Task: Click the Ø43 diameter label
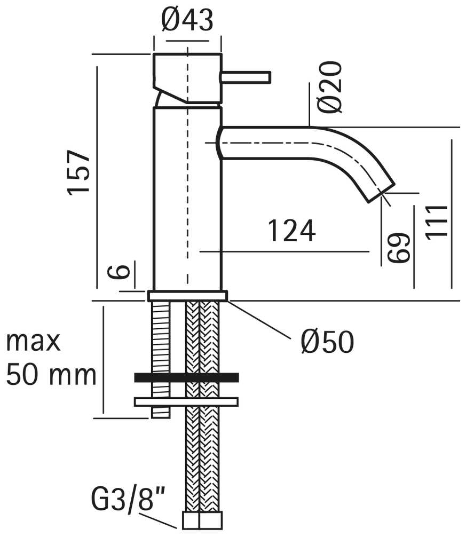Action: click(187, 20)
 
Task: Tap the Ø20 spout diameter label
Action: click(329, 87)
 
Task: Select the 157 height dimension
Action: click(78, 172)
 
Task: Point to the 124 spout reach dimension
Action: click(291, 231)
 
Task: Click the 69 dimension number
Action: click(399, 248)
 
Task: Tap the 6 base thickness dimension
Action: click(119, 272)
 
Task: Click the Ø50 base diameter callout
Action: click(327, 342)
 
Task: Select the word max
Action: click(33, 342)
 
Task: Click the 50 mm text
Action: click(51, 375)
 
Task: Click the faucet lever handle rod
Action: click(247, 77)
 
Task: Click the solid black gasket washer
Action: click(187, 377)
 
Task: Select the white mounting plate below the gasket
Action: click(186, 402)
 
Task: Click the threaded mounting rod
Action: click(161, 360)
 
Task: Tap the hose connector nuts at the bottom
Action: click(202, 520)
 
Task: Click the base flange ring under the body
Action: click(188, 296)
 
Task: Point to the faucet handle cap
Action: click(187, 78)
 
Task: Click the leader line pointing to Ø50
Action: click(260, 320)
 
